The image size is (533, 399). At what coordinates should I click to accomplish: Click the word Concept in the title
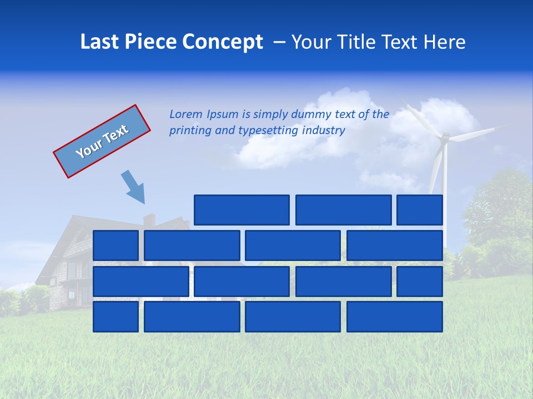pos(223,42)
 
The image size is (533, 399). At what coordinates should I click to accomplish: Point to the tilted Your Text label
pos(102,141)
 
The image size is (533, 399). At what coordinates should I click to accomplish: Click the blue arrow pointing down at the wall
pos(134,187)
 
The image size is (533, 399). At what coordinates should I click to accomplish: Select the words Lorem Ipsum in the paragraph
pos(204,115)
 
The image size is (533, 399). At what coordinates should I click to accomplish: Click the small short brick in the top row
pos(420,210)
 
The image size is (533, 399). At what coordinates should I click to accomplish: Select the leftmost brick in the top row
pos(242,210)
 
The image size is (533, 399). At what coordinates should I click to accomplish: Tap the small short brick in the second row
pos(115,245)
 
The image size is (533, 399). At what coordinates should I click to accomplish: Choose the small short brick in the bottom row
pos(115,316)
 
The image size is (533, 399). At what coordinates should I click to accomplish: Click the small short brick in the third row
pos(420,281)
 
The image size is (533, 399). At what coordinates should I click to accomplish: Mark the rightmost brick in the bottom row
pos(395,316)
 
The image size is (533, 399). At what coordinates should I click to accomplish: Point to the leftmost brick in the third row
pos(140,281)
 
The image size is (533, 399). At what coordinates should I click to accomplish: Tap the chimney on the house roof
pos(149,220)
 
